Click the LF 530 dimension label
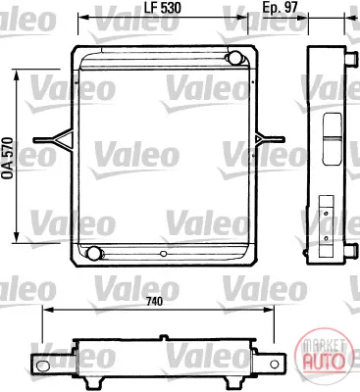163,8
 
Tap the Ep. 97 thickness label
281,8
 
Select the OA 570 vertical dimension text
8,159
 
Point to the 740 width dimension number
154,301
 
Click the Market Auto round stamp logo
324,355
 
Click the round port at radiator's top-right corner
234,58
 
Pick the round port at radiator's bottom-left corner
94,253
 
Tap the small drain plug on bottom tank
164,253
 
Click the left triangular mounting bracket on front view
53,139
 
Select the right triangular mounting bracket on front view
271,139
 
